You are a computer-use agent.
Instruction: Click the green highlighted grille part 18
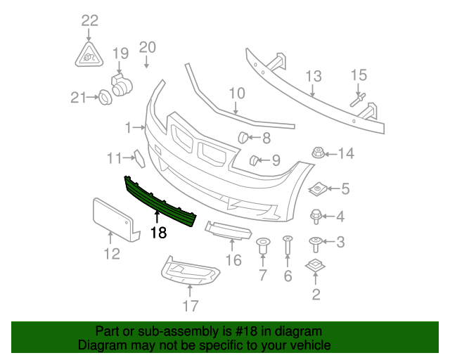158,202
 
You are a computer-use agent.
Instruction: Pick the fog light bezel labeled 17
188,273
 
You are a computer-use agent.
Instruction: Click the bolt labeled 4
316,217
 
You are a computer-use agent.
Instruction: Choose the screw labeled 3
316,244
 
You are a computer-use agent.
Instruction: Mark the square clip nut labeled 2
314,267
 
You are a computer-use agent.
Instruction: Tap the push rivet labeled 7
263,247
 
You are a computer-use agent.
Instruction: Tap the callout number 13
313,76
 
